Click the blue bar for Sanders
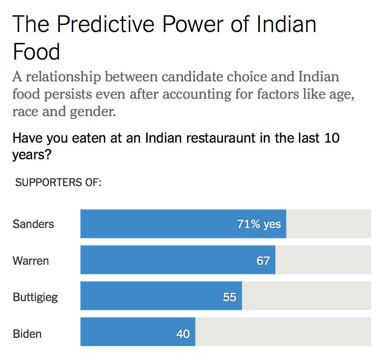(x=158, y=224)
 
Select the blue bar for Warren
(x=158, y=260)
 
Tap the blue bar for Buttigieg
(x=150, y=296)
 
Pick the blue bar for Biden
(x=126, y=332)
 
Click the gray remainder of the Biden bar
(x=283, y=332)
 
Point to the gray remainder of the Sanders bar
(x=328, y=224)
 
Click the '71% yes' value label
(x=259, y=224)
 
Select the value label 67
(x=263, y=260)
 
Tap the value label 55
(x=229, y=296)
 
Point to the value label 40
(x=183, y=334)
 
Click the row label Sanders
(x=33, y=224)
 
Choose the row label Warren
(x=31, y=260)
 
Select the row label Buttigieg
(x=36, y=297)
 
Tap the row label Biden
(x=27, y=334)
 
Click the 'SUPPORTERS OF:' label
(x=58, y=183)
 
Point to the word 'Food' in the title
(x=36, y=52)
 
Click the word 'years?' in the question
(x=32, y=155)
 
